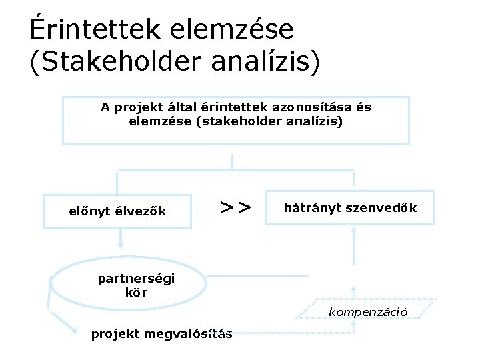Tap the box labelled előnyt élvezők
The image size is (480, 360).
(117, 212)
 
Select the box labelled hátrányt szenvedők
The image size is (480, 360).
(350, 207)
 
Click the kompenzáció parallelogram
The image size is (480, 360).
(368, 311)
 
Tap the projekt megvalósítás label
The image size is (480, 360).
(161, 334)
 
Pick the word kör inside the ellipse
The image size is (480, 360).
(136, 292)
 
